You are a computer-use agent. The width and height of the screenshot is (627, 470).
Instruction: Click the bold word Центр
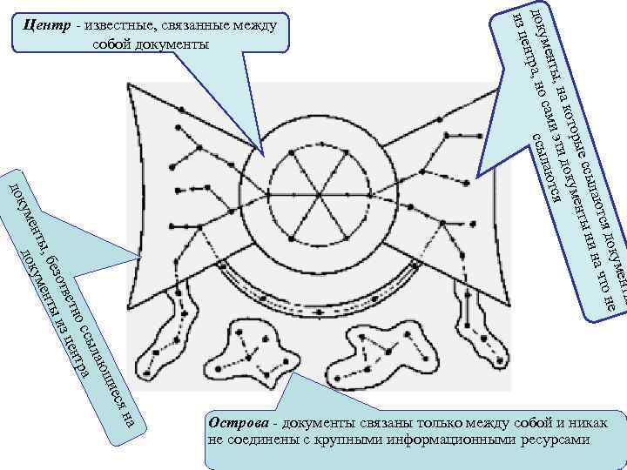[x=51, y=25]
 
